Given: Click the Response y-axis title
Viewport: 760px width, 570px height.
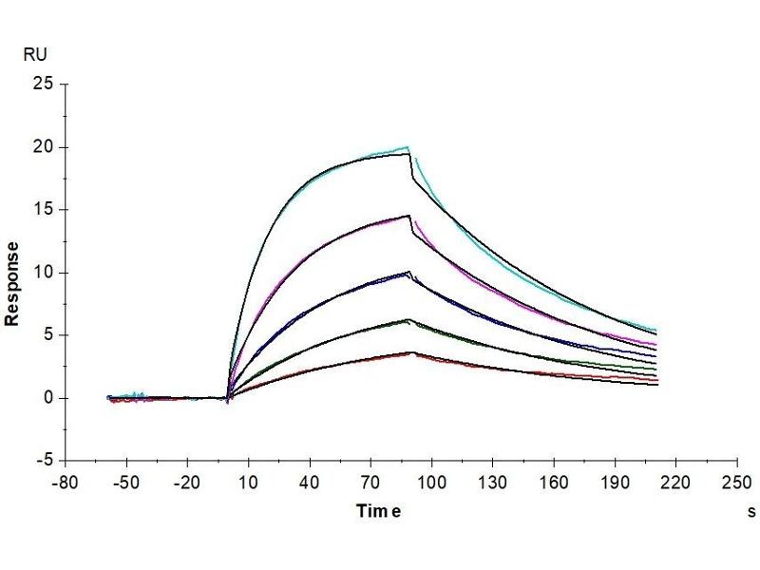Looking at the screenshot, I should click(x=13, y=283).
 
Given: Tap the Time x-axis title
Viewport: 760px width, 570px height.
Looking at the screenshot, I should click(x=379, y=512).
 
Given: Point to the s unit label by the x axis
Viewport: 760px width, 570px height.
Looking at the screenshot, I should click(x=751, y=512).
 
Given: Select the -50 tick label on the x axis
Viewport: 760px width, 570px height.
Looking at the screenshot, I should click(x=125, y=484).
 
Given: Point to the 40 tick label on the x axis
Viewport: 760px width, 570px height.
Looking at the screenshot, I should click(x=310, y=484).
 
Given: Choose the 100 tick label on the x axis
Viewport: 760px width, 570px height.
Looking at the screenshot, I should click(x=432, y=484).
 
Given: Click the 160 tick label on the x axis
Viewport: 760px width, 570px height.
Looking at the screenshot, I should click(x=554, y=484).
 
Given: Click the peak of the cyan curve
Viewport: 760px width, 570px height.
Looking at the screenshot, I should click(x=408, y=147).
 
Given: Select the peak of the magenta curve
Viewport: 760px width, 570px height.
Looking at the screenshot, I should click(x=408, y=215).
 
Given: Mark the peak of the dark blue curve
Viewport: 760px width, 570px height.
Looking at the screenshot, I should click(x=408, y=273).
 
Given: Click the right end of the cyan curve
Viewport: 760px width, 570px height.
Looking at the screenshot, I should click(x=655, y=330).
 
